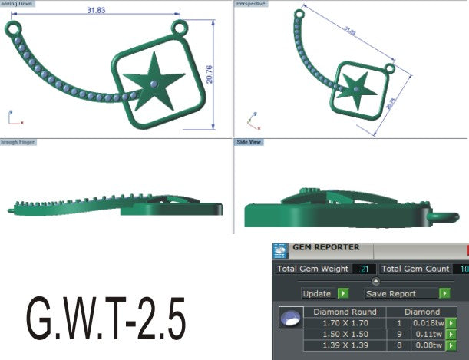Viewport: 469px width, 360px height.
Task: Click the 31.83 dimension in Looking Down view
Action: (96, 10)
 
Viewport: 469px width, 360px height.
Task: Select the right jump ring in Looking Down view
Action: (180, 29)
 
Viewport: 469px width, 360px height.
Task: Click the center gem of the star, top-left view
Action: (154, 82)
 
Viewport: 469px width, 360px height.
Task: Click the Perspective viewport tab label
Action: (250, 4)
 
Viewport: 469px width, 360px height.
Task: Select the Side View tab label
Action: (249, 142)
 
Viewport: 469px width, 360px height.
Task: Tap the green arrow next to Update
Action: (343, 293)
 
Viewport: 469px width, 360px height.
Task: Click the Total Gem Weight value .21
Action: (364, 269)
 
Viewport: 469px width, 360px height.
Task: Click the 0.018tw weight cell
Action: (426, 323)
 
